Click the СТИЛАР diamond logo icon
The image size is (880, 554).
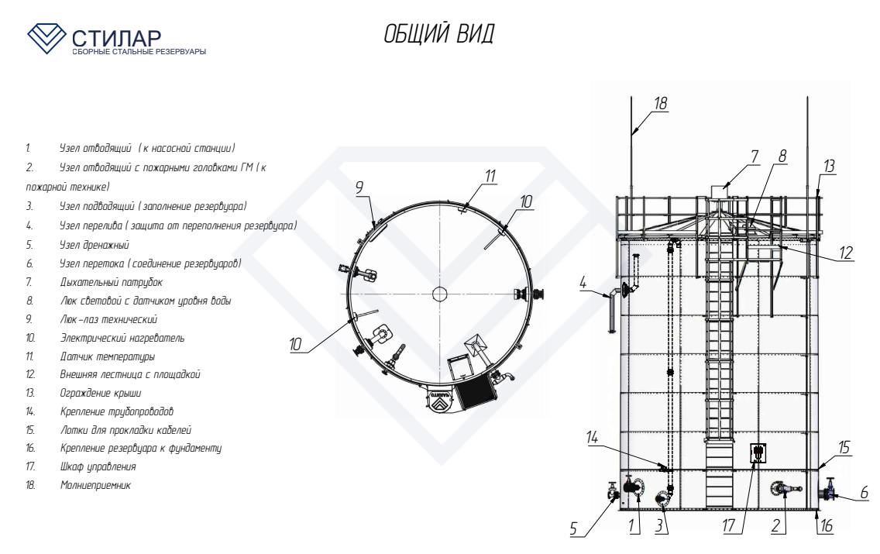pos(46,38)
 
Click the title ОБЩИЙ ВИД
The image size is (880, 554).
pos(439,33)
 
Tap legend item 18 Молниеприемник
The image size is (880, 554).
pos(78,485)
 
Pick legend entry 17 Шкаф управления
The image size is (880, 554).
pos(81,466)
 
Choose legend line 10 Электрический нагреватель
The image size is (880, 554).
pos(105,338)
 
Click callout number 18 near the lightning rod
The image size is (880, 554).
pos(661,103)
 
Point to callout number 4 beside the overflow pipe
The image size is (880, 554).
pos(583,282)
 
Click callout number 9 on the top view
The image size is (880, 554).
pos(359,188)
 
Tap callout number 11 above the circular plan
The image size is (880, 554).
pos(490,176)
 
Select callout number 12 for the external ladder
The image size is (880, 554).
pos(846,253)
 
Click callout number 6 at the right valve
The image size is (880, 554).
pos(865,493)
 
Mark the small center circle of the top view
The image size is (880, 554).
pos(439,294)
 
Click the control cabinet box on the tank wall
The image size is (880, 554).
pos(758,452)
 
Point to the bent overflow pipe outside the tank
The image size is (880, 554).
pos(613,311)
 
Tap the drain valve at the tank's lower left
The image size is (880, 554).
pos(613,492)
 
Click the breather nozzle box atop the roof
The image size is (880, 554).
pos(719,191)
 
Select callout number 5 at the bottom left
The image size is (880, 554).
pos(573,528)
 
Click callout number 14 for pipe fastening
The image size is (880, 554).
pos(592,437)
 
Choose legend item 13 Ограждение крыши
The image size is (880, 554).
pos(84,393)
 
